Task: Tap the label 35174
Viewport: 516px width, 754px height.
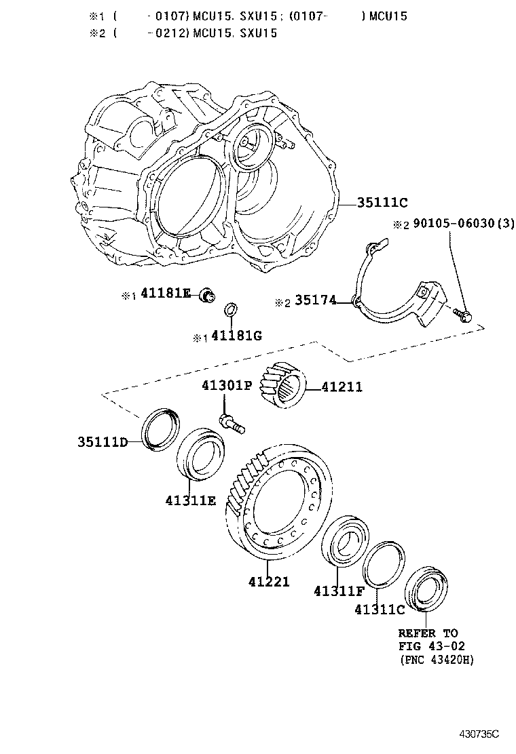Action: click(314, 300)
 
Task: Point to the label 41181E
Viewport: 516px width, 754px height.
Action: click(166, 294)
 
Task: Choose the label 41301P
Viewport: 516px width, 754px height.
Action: click(226, 386)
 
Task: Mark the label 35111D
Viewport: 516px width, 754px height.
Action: click(103, 443)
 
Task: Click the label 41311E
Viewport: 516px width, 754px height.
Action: click(190, 500)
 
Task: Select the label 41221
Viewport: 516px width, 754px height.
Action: click(270, 581)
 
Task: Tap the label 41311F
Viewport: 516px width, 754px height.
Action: click(339, 591)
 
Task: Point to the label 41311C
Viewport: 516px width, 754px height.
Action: click(380, 610)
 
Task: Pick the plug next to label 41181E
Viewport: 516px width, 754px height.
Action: click(207, 295)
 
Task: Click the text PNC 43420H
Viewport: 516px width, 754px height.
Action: click(436, 660)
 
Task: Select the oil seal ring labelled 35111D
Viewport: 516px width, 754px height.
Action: click(160, 429)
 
